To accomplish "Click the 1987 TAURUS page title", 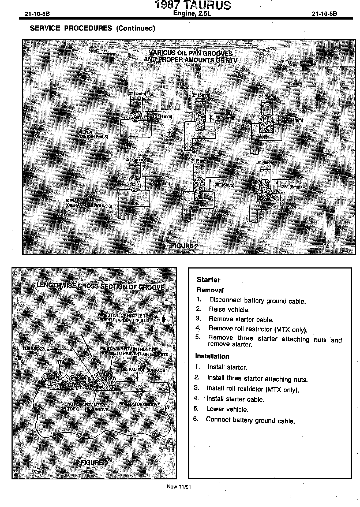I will (193, 5).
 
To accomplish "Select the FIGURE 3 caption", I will (94, 463).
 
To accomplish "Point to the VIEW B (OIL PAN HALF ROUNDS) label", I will (89, 203).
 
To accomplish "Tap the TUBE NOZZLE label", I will (36, 349).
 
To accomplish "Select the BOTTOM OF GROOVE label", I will (139, 404).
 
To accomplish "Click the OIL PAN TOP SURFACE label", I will (143, 370).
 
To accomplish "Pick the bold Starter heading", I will (208, 280).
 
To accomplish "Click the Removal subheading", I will (210, 290).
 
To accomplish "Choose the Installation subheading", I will (212, 356).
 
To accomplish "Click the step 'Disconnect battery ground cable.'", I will (257, 301).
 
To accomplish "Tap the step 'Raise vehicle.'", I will (229, 310).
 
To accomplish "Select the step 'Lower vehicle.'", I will (227, 409).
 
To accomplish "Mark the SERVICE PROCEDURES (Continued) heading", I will (92, 28).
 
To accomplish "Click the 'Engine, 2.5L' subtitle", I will (192, 13).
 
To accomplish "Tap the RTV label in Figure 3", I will (60, 362).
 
